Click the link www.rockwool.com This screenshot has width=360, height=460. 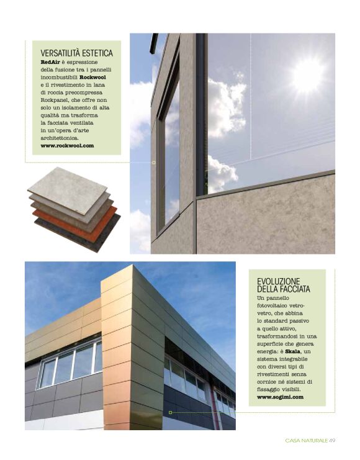pos(67,145)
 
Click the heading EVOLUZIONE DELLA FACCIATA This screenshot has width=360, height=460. pos(284,285)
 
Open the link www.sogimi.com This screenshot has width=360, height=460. pos(280,395)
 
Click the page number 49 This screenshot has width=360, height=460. pos(332,440)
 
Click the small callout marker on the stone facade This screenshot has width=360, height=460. pos(153,162)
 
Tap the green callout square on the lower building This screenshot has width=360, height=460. pos(170,412)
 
